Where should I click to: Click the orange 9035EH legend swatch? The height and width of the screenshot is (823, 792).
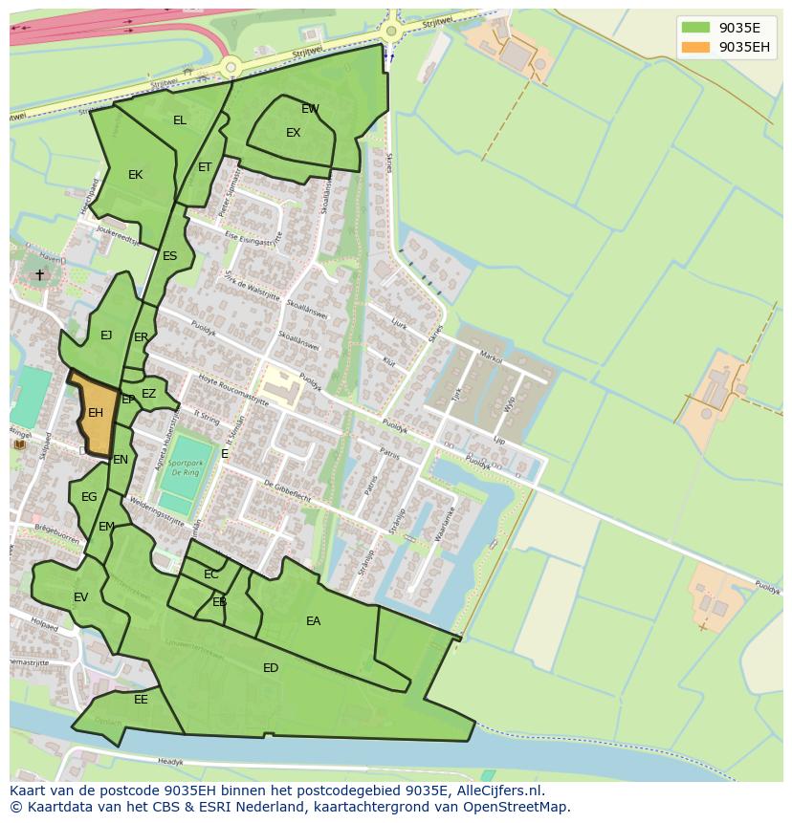(695, 47)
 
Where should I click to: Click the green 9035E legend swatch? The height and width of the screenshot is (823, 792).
(695, 28)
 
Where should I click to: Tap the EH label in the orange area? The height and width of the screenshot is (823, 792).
(96, 413)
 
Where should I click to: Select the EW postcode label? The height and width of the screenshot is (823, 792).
(310, 109)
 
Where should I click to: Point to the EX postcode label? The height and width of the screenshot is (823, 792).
(294, 133)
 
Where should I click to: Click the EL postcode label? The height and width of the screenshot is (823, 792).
(180, 120)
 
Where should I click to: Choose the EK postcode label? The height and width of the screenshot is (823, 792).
(135, 175)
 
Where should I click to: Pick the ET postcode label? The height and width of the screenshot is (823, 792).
(205, 167)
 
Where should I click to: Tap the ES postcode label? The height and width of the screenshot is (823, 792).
(169, 256)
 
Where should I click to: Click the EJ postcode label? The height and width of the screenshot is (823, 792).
(106, 336)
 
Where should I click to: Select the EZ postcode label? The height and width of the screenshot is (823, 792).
(148, 394)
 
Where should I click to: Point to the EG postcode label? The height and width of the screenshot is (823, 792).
(89, 497)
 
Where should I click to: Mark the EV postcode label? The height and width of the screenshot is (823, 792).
(80, 597)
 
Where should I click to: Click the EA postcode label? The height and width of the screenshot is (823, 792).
(313, 621)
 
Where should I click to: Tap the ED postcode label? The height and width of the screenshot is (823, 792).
(271, 668)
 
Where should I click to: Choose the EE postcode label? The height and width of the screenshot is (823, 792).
(141, 700)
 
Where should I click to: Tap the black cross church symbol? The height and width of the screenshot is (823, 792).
(39, 275)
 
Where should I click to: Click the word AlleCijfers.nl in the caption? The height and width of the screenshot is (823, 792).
(498, 791)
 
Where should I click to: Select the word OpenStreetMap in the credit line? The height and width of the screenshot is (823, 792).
(517, 807)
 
